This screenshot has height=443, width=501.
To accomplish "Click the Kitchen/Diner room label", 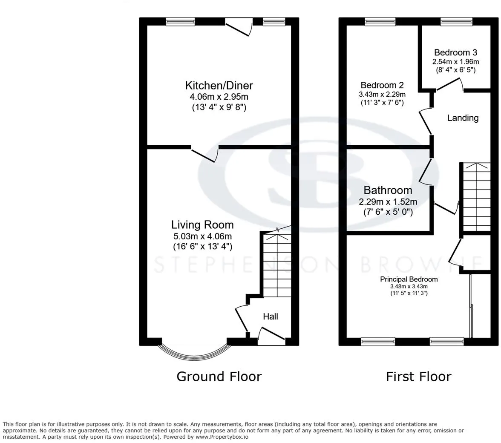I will tap(219, 85).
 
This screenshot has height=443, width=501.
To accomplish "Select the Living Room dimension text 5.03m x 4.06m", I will tap(202, 236).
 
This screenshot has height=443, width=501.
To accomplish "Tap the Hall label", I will tap(271, 316).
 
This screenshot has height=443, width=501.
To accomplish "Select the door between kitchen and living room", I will tap(205, 154).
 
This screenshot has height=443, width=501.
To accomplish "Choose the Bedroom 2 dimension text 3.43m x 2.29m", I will tap(382, 94).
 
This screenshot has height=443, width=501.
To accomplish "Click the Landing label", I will tap(463, 118).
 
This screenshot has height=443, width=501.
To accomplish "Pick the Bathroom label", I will tap(388, 190).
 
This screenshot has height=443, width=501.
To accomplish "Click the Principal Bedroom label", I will tap(409, 279).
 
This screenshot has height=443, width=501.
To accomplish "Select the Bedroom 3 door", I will tap(449, 85).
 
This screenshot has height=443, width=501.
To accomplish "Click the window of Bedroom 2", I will tap(380, 21).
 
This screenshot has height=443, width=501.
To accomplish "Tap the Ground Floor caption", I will tap(219, 377).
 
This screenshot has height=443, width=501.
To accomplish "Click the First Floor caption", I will tap(418, 377).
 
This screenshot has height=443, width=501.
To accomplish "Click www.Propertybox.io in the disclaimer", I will tap(222, 437).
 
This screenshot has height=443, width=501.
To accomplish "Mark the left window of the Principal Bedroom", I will tap(378, 341).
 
